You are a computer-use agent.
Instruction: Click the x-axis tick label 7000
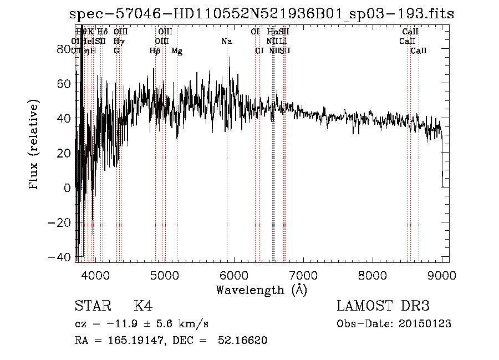coord(303,276)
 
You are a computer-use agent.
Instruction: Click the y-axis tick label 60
coord(63,83)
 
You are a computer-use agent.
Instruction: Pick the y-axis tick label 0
coord(67,187)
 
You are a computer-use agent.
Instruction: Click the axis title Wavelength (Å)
coord(261,290)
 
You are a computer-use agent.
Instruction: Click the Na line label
coord(226,42)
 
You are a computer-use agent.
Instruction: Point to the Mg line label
coord(177,51)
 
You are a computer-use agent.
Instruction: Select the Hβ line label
coord(155,51)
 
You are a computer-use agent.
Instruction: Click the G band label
coord(116,51)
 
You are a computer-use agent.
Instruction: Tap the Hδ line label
coord(102,32)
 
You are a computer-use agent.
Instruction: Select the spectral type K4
coord(143,306)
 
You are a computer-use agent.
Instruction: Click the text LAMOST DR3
coord(383,306)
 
